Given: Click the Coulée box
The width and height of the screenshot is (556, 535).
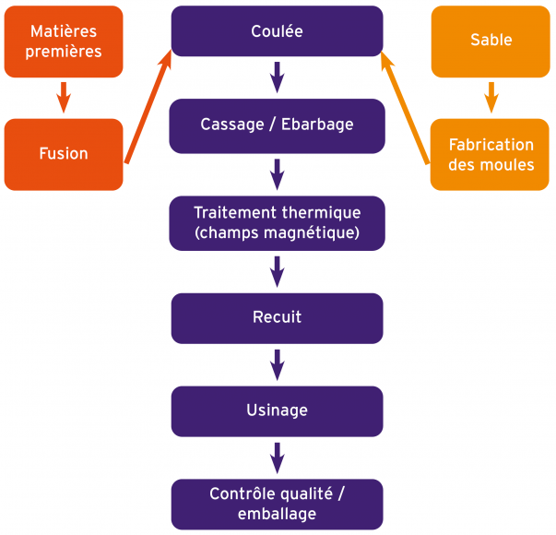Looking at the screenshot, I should (277, 30).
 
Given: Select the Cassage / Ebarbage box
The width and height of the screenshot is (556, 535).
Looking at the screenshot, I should (277, 125).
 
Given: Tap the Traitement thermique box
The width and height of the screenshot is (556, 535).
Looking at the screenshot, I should (277, 221).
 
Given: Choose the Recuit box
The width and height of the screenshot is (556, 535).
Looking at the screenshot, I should (277, 317).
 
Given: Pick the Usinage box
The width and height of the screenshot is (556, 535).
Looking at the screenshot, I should (277, 410).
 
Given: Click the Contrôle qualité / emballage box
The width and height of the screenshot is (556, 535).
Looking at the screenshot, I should (277, 503).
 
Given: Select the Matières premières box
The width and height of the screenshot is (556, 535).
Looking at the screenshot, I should (64, 42).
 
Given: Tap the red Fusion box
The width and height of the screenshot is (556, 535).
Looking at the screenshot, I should (64, 154).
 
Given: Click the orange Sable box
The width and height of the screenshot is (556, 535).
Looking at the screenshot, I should (491, 42).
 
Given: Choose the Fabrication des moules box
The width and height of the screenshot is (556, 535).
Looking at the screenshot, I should (491, 154).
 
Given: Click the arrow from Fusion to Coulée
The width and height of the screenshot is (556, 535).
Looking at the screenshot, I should (148, 106).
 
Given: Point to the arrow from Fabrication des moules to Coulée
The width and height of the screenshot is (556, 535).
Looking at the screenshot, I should (406, 106).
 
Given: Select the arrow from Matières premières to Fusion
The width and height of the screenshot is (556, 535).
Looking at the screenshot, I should (64, 96).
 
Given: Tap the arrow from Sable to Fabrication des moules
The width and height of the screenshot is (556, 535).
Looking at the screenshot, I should (491, 96).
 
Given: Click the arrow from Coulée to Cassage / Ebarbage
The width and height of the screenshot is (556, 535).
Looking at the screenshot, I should (277, 77).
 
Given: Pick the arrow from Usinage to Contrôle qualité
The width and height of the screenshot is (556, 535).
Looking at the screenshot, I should (277, 457).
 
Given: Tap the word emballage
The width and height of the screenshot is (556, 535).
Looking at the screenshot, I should (277, 514).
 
